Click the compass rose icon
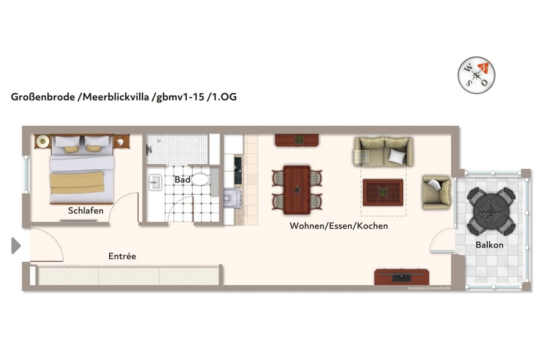pos(476,75)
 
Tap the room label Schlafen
pos(85,210)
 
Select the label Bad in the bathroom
pos(182,180)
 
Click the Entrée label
pos(122,256)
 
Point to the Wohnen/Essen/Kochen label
pos(339,226)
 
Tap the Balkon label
pos(489,245)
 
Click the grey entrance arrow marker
pos(16,245)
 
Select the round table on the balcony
pos(491,211)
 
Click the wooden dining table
pos(296,190)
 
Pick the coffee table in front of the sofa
pos(382,192)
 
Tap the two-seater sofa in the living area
pos(383,151)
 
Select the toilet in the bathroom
pos(200,179)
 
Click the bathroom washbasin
pos(155,182)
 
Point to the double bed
pos(82,169)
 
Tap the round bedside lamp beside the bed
pos(42,142)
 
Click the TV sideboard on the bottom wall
pos(402,277)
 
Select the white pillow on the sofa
pos(397,157)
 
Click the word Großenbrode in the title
pos(43,97)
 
